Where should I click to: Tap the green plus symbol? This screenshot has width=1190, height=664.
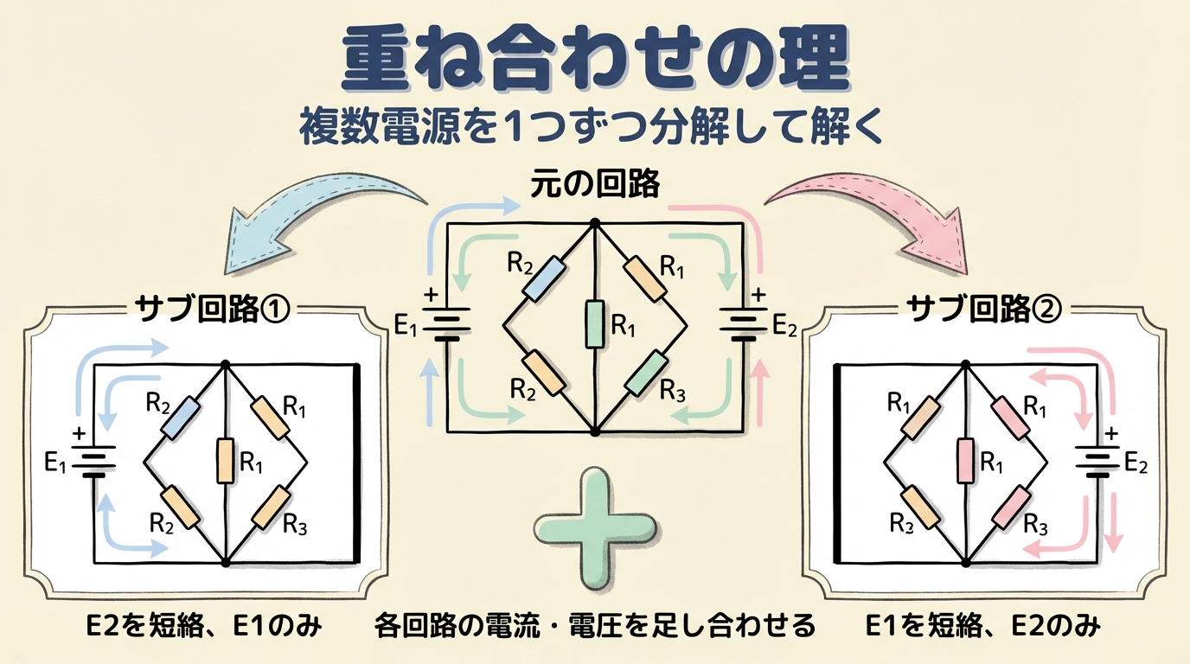click(x=595, y=518)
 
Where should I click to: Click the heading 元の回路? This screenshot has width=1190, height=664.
click(x=595, y=183)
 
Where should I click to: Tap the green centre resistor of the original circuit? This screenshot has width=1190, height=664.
click(x=595, y=324)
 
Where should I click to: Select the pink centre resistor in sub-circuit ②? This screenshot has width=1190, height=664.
click(x=967, y=463)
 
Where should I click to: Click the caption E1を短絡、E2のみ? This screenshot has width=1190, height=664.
click(x=983, y=625)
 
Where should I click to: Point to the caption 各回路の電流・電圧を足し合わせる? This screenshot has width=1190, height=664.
click(x=596, y=625)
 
